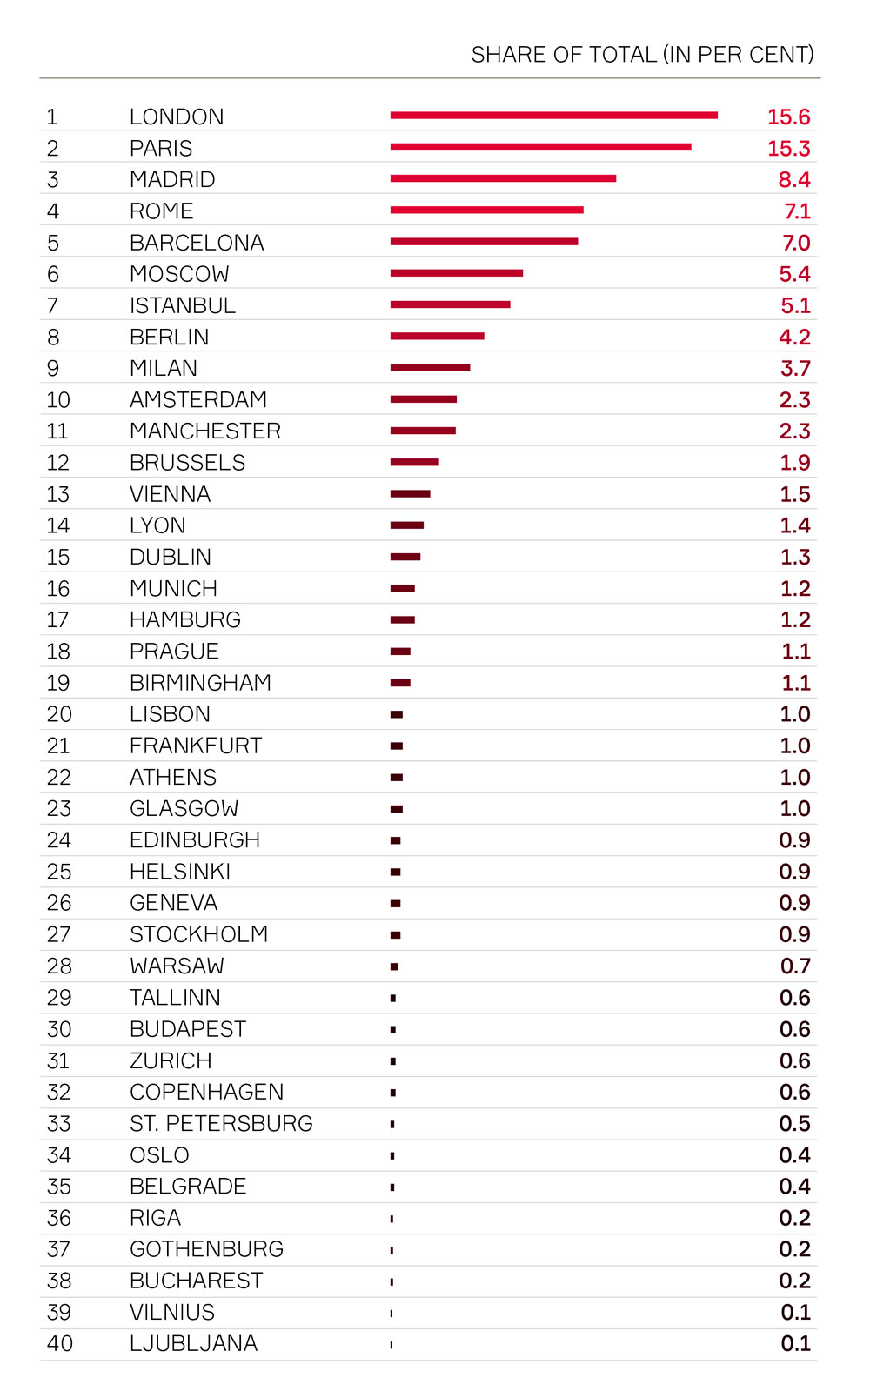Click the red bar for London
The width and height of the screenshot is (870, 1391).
tap(553, 115)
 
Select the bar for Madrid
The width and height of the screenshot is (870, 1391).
tap(503, 178)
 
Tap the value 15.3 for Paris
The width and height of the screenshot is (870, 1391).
tap(788, 149)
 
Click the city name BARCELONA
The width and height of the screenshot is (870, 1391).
tap(197, 243)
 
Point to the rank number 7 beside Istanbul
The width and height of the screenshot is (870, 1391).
tap(52, 305)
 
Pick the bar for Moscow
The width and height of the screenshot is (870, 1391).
tap(457, 273)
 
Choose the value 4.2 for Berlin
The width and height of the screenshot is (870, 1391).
tap(794, 337)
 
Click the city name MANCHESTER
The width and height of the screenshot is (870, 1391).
tap(205, 431)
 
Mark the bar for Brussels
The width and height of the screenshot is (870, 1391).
tap(415, 462)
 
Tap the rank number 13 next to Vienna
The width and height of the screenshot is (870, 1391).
tap(57, 494)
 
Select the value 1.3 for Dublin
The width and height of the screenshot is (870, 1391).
tap(794, 557)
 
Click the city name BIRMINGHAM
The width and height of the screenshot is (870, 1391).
tap(200, 683)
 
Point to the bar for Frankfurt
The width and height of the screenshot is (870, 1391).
tap(397, 746)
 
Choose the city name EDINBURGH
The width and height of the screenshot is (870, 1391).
tap(195, 840)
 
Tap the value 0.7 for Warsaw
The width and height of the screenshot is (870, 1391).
tap(794, 966)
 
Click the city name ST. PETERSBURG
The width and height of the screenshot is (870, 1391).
tap(221, 1123)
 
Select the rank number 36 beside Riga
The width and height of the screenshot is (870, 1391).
tap(58, 1218)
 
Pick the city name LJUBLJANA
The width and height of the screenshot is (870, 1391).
tap(193, 1343)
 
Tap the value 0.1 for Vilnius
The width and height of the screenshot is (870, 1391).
tap(795, 1312)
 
